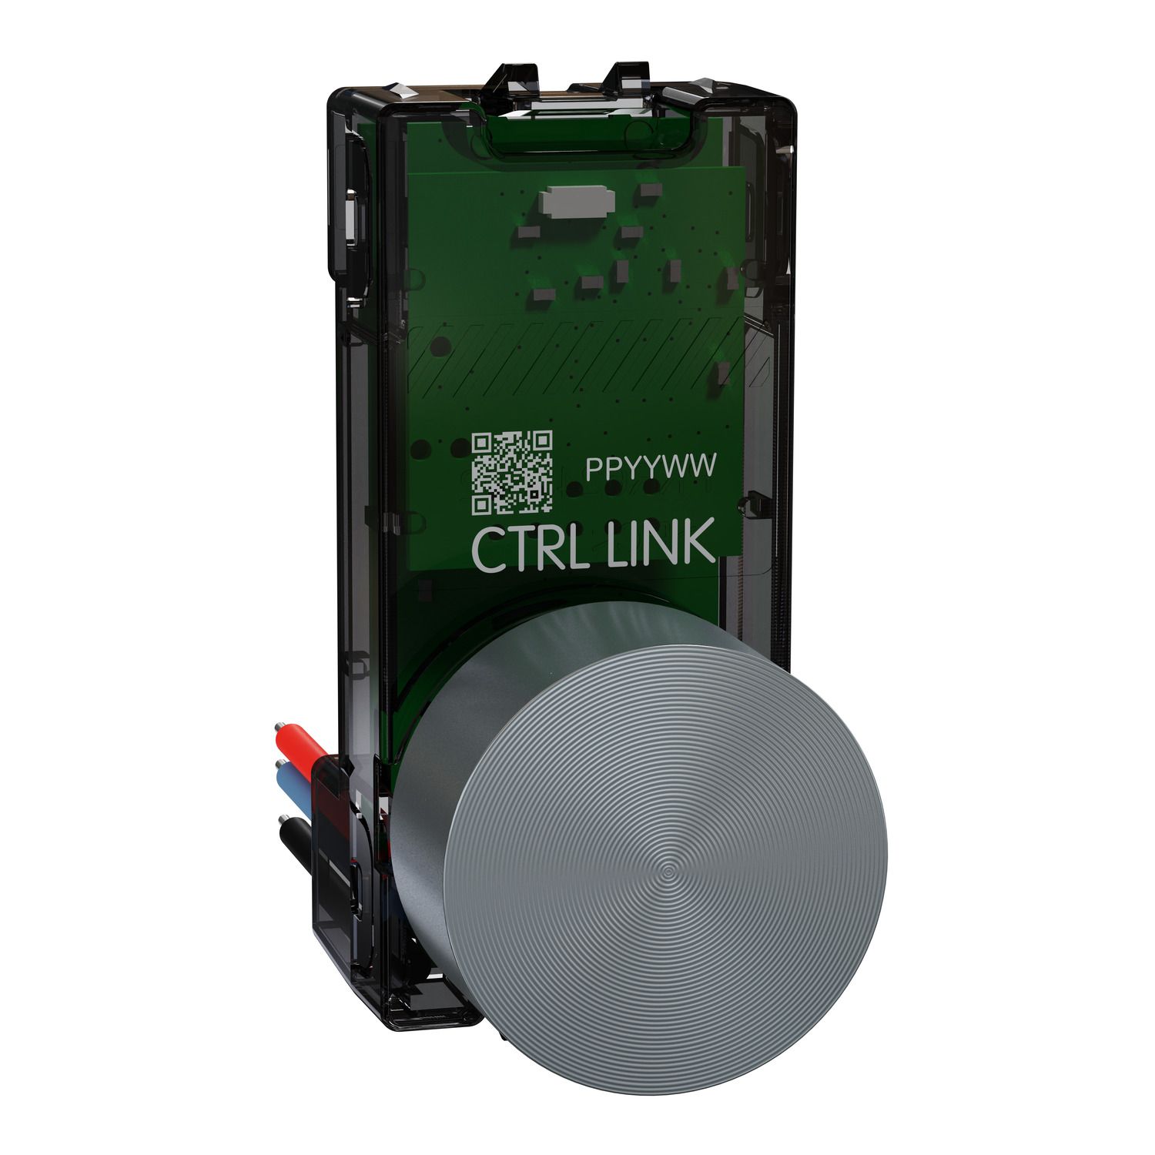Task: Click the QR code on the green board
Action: (x=512, y=472)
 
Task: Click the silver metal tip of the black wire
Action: (x=279, y=824)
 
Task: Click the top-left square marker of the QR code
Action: (x=481, y=442)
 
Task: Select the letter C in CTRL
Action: (x=485, y=548)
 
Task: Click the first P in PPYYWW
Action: (x=594, y=468)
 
